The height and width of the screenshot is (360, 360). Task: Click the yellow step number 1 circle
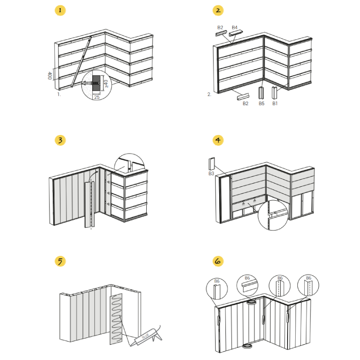click(x=60, y=10)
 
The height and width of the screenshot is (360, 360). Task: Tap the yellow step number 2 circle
click(x=218, y=10)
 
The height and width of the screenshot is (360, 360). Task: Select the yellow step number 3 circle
click(x=60, y=140)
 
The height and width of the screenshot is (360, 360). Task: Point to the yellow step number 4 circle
click(x=218, y=140)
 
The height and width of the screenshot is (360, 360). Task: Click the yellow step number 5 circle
click(x=60, y=261)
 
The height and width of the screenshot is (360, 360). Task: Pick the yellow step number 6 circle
click(x=218, y=261)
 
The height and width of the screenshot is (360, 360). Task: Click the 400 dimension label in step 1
click(x=49, y=76)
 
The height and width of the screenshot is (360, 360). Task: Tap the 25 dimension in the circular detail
click(x=97, y=97)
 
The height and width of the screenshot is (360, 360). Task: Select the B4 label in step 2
click(x=234, y=27)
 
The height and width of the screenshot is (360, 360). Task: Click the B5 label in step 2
click(x=261, y=103)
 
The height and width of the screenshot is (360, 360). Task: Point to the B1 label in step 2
click(x=275, y=103)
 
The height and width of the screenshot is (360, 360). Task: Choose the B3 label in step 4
click(x=211, y=173)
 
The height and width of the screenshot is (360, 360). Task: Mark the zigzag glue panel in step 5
click(x=116, y=319)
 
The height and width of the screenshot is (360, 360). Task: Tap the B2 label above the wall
click(x=220, y=27)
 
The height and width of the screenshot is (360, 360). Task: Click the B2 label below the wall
click(x=245, y=103)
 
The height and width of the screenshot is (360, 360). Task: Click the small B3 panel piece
click(x=211, y=164)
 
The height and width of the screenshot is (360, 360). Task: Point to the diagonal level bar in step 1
click(x=81, y=62)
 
